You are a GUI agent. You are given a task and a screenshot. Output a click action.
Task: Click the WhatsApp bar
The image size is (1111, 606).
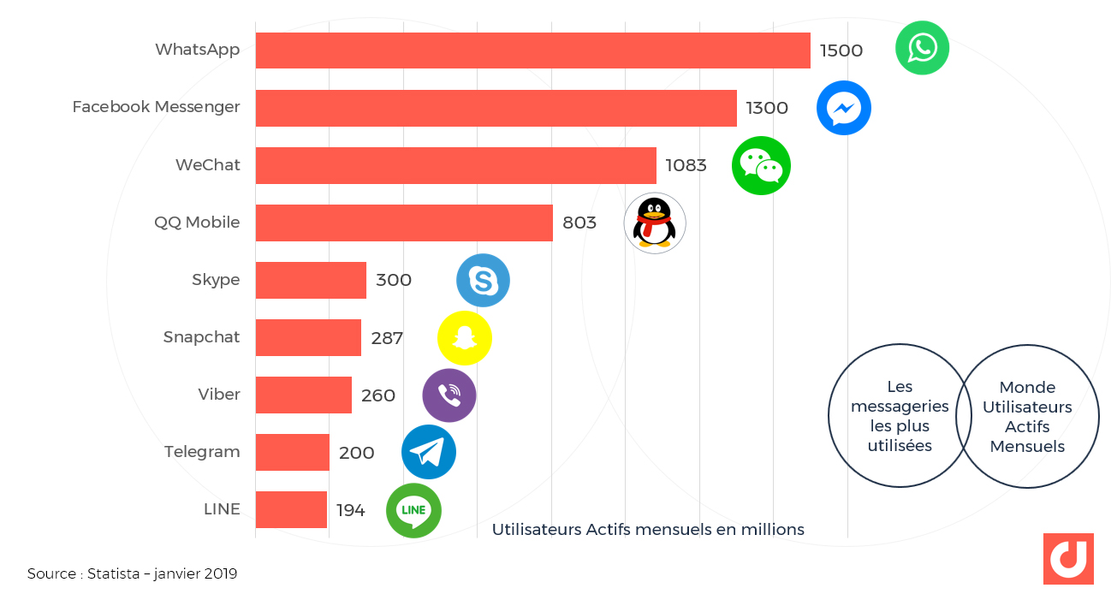pos(532,50)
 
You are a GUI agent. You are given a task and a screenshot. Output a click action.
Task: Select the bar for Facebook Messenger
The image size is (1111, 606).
pos(496,108)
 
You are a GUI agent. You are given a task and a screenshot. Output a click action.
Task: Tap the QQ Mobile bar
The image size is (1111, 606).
pos(404,223)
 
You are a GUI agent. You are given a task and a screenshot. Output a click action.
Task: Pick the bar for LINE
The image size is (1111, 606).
pos(291,509)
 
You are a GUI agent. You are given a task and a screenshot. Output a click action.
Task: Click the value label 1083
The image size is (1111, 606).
pos(686,165)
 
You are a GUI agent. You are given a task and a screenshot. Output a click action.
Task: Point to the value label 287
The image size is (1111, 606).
pos(387,337)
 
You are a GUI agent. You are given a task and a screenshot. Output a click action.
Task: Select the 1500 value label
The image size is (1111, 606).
pos(841,50)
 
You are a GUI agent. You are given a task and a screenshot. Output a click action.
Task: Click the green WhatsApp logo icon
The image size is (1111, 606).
pos(922,48)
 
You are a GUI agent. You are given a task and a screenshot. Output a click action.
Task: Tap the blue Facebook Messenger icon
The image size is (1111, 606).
pos(843,108)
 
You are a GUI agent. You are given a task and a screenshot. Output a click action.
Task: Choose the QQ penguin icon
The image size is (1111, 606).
pos(655,223)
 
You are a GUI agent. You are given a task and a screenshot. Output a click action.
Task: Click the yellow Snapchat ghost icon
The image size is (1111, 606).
pos(464,338)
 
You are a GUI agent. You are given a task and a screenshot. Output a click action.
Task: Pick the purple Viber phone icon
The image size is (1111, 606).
pos(449,395)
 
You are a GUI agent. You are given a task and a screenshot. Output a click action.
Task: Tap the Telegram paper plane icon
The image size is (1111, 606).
pos(428,452)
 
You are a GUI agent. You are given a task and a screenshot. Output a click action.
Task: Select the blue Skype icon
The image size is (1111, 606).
pos(483,280)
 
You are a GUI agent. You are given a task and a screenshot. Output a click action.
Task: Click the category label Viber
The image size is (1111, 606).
pos(219,395)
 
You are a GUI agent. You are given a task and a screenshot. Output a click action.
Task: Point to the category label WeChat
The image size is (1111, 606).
pos(208,165)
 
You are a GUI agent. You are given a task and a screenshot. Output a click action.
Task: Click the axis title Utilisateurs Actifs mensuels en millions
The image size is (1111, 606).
pos(648,530)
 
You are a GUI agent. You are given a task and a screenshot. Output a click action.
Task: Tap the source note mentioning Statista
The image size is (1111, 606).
pos(132,573)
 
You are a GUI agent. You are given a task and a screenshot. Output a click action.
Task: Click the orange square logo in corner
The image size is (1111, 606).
pos(1068,558)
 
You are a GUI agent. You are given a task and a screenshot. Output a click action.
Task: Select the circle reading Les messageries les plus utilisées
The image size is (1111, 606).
pos(899,416)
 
